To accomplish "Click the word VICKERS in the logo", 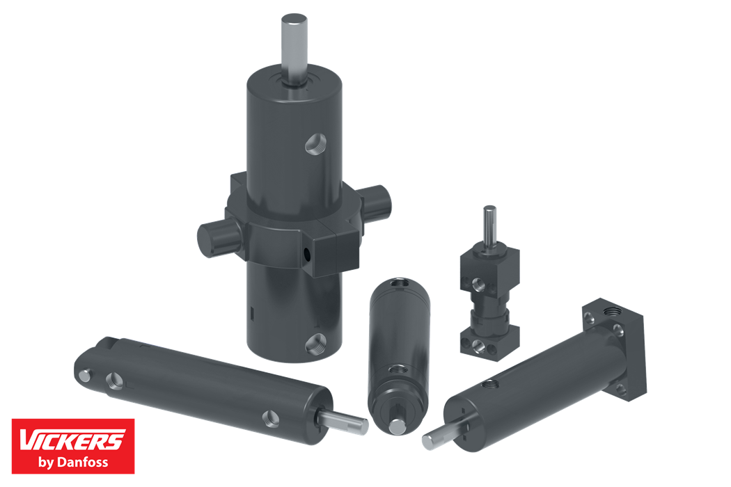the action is pos(72,440).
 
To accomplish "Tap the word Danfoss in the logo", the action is pos(82,462).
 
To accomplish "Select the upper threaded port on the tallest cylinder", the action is pos(315,143).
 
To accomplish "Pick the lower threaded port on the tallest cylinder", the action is pos(315,344).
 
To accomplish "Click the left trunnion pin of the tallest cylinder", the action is pos(217,238).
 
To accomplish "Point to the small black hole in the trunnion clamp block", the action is pos(306,253).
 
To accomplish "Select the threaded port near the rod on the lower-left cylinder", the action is pos(270,419).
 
